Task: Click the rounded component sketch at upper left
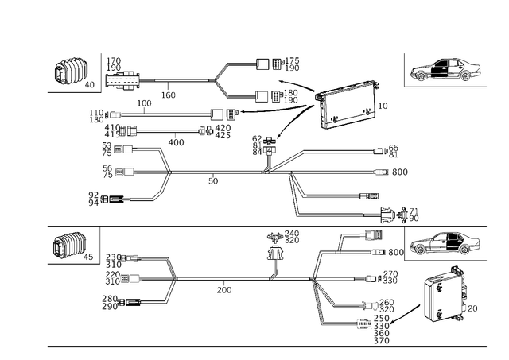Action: pos(70,72)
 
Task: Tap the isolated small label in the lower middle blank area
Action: pos(223,290)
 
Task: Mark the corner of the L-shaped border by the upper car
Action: pos(405,87)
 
